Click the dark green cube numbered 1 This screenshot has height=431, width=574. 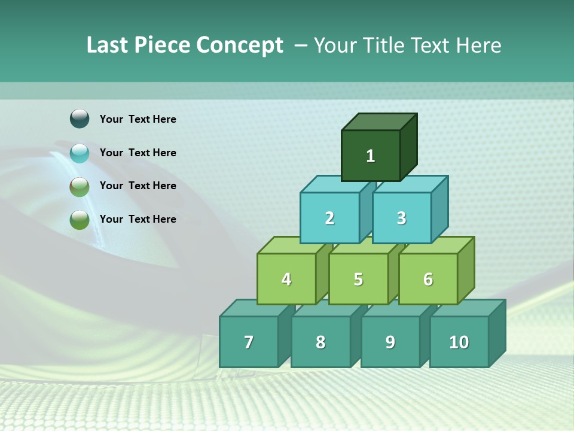click(x=371, y=156)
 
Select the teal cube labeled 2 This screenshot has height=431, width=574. click(x=329, y=218)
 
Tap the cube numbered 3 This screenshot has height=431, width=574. click(x=401, y=218)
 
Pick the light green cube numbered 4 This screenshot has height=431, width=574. click(x=286, y=279)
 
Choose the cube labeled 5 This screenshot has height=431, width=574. click(x=358, y=279)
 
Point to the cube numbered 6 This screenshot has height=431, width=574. click(x=428, y=279)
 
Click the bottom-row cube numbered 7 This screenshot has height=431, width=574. click(x=249, y=342)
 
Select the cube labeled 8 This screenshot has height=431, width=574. click(x=320, y=342)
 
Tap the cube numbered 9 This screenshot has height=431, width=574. click(x=390, y=342)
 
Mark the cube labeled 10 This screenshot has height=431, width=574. click(x=459, y=342)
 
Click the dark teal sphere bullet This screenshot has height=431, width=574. click(x=80, y=119)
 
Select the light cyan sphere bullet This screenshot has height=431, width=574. click(x=80, y=153)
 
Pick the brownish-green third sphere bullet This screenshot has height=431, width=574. click(x=80, y=186)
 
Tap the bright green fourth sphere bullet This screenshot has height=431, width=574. click(x=80, y=219)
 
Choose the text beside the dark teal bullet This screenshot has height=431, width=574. click(x=138, y=119)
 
